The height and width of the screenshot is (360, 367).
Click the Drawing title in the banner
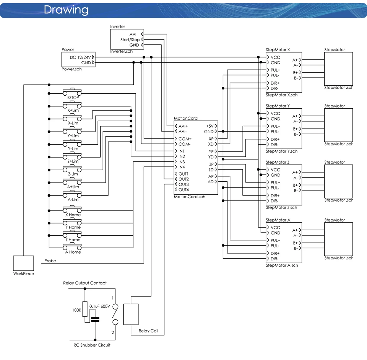coord(66,10)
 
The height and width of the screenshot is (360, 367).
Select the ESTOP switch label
coord(73,98)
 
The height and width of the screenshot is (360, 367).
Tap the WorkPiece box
coord(24,263)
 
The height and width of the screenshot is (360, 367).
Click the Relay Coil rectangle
coord(131,314)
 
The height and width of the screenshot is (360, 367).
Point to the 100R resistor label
coord(76,310)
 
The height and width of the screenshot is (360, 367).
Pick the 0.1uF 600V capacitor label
coord(99,306)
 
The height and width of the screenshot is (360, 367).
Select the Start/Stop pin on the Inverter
coord(130,40)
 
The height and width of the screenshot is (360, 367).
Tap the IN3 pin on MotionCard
coord(182,162)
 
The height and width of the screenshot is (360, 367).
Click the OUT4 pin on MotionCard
coord(183,190)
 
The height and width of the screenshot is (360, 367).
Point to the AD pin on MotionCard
coord(211,182)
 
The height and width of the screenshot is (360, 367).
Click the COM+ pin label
coord(185,139)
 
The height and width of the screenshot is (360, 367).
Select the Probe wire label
coord(50,261)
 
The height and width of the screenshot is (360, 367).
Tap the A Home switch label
coord(73,252)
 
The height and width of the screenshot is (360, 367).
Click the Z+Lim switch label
coord(73,161)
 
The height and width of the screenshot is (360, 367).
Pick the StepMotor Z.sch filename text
coord(281,207)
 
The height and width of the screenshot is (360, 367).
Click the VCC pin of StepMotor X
coord(275,57)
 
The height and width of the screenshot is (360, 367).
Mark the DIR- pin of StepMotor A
coord(274,259)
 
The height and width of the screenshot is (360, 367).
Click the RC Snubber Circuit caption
coord(92,345)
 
